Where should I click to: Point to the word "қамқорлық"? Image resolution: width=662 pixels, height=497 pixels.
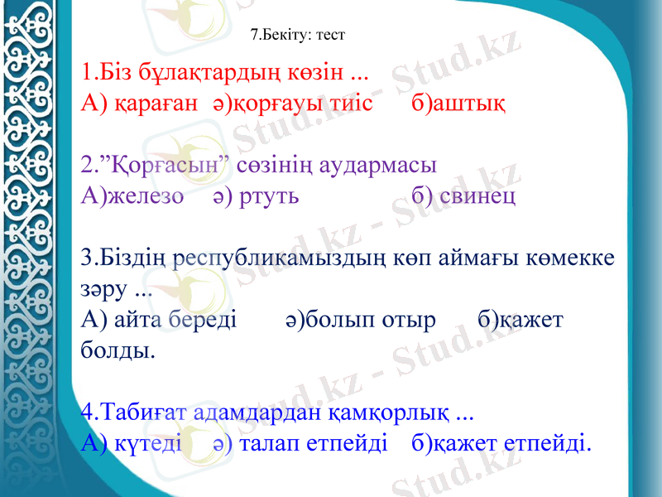(391, 412)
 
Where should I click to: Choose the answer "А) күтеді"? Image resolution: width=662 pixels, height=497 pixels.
(132, 444)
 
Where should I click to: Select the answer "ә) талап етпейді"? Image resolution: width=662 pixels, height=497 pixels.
(300, 444)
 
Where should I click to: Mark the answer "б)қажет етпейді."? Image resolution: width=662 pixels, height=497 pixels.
(501, 444)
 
